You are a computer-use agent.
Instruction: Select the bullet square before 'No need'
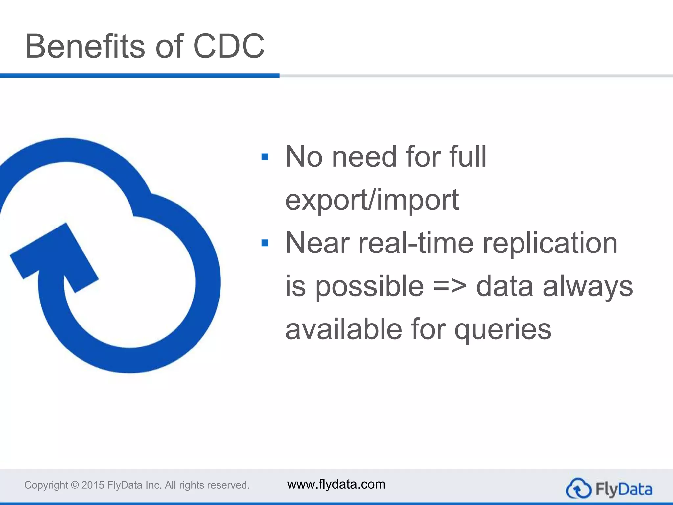tap(265, 157)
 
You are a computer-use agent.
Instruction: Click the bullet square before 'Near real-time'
tap(265, 243)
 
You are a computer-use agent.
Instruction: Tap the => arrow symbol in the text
tap(450, 286)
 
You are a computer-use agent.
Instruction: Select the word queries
tap(503, 329)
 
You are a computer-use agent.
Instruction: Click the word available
tap(344, 329)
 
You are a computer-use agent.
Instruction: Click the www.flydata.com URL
tap(336, 484)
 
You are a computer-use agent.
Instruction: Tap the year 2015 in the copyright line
tap(93, 485)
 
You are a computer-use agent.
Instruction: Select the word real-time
tap(416, 243)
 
